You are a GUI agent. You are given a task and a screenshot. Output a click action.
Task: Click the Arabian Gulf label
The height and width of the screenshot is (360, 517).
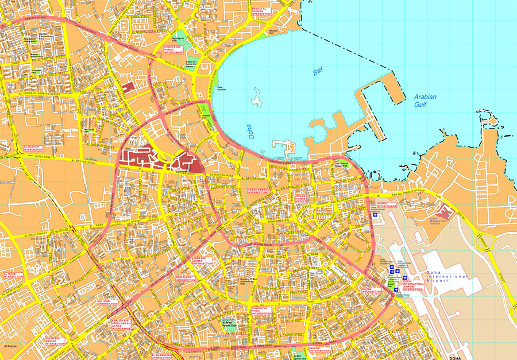click(x=425, y=101)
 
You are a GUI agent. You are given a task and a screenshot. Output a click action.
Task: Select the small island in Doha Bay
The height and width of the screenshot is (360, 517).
click(x=256, y=99)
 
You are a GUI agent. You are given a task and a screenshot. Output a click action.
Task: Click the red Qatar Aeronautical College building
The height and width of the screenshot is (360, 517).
click(x=446, y=207)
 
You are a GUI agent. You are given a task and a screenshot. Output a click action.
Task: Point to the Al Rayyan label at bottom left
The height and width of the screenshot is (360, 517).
click(x=11, y=347)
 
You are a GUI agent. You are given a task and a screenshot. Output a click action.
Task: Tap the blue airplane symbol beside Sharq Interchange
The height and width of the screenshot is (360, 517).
click(x=376, y=215)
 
